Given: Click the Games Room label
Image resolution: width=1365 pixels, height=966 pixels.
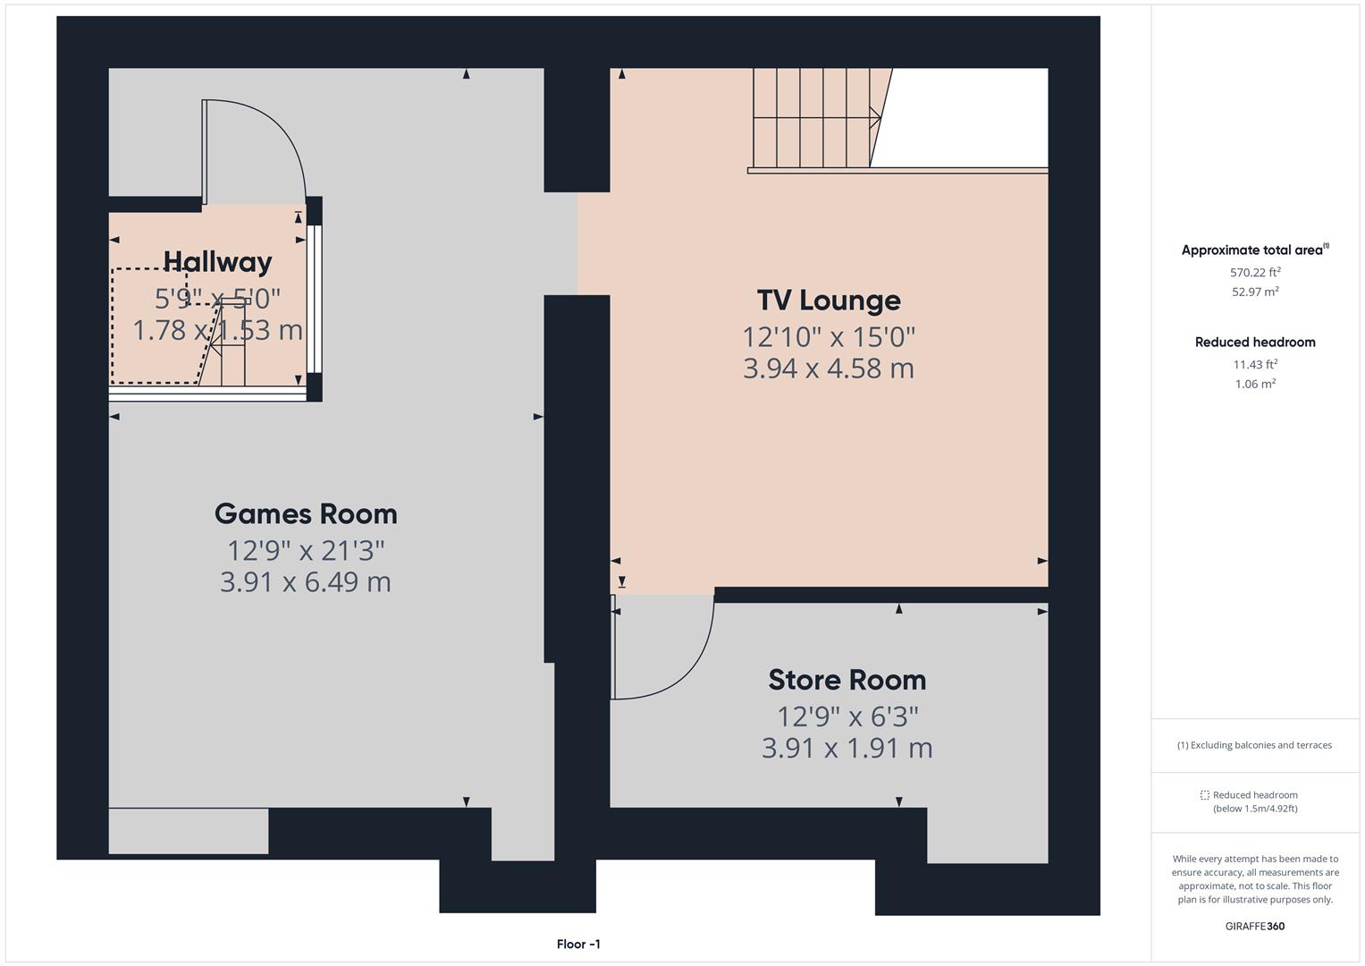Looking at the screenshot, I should [306, 514].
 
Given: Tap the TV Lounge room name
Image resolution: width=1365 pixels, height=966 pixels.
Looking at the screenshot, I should [829, 301].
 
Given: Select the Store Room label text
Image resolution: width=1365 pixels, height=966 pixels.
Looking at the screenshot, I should [847, 681].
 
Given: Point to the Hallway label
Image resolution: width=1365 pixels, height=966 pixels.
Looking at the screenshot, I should [217, 262].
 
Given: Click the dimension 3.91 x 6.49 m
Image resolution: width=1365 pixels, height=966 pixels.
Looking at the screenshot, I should [306, 582].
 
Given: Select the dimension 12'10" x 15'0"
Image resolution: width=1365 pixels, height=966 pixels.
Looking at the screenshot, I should [829, 337].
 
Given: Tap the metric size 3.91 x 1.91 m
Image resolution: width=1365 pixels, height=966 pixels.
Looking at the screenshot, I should [847, 748].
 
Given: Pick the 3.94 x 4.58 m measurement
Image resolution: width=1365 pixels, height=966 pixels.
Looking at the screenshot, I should [829, 369].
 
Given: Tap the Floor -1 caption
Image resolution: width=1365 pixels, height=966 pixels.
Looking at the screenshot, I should [578, 945].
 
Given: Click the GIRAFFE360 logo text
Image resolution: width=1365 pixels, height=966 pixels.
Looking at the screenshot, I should [1254, 927].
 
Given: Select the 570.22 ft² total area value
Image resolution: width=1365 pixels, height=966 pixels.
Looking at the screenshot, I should [1255, 273].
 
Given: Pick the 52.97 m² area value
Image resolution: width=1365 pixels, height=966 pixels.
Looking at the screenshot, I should [1255, 292].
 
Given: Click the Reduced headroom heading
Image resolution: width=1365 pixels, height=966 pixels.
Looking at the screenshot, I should [1255, 343].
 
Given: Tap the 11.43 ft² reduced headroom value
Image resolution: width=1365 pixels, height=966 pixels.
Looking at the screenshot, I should [1255, 365].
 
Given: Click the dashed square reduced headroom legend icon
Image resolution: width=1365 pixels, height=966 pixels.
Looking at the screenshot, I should [1204, 795].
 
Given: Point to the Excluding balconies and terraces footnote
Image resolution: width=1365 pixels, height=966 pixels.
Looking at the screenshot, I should [1254, 745].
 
